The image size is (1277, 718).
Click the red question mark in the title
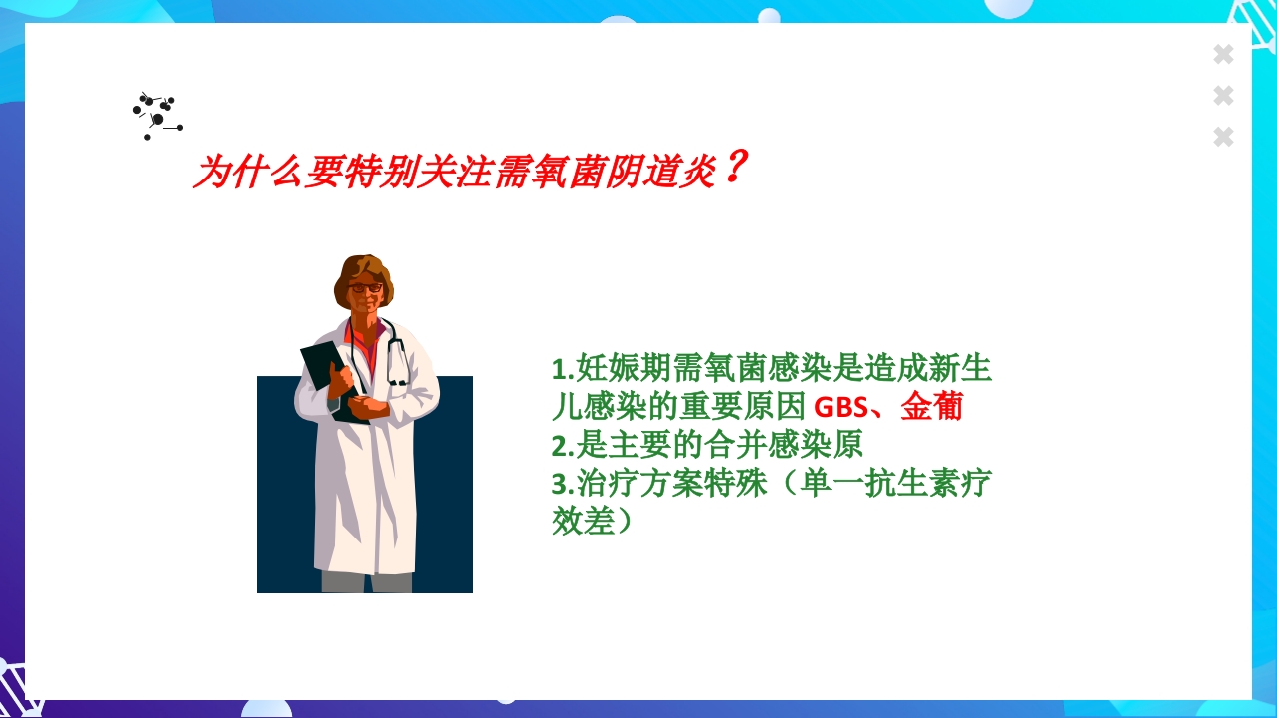click(x=733, y=168)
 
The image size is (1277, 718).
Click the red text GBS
click(x=840, y=408)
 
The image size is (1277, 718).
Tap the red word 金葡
click(x=931, y=407)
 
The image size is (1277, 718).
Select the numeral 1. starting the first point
click(x=562, y=370)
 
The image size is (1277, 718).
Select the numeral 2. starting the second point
click(x=562, y=445)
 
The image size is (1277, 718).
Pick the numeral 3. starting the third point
click(x=562, y=484)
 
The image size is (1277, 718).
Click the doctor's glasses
click(x=366, y=288)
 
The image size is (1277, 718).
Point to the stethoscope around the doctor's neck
click(x=397, y=354)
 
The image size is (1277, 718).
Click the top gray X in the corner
click(x=1223, y=55)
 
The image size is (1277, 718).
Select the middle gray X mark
click(x=1223, y=96)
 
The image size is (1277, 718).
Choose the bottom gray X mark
click(x=1223, y=137)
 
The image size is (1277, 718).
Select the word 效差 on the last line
click(x=583, y=521)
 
